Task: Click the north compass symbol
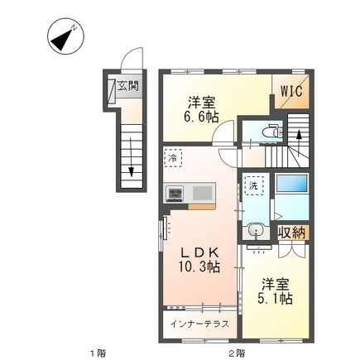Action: point(63,38)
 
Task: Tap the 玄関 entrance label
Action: point(127,84)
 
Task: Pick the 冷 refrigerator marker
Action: point(173,157)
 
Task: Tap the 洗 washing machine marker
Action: point(254,186)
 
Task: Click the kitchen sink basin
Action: point(203,193)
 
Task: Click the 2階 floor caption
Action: point(236,352)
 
